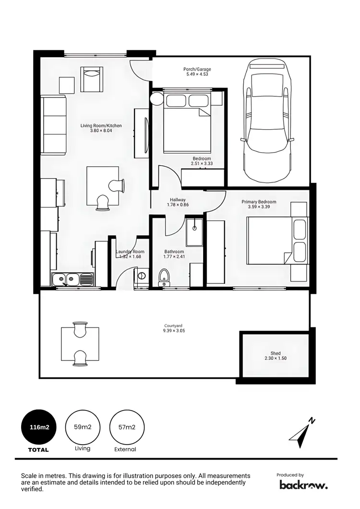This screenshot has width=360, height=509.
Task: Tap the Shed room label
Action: (x=275, y=353)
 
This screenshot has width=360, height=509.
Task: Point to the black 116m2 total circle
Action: (x=39, y=427)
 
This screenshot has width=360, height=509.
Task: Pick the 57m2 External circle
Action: (x=127, y=427)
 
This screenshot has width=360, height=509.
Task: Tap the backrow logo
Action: (x=303, y=485)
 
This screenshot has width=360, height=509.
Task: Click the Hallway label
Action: (x=178, y=200)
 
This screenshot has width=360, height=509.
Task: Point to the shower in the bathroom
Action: (x=194, y=231)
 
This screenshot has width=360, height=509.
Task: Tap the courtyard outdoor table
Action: (x=80, y=344)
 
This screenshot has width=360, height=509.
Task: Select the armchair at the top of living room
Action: (x=92, y=79)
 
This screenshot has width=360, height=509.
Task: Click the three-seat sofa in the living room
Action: (x=53, y=125)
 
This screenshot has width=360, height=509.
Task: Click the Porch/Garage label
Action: (x=197, y=69)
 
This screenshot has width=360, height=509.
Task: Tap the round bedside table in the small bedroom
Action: (x=157, y=99)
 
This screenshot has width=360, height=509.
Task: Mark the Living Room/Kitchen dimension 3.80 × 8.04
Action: (x=101, y=131)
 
